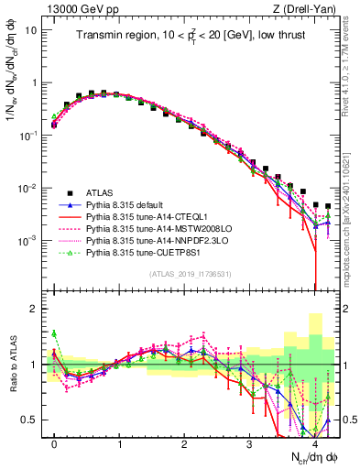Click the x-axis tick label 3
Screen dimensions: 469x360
(249, 444)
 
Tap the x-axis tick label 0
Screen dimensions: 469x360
(54, 444)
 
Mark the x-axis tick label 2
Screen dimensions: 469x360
(184, 444)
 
